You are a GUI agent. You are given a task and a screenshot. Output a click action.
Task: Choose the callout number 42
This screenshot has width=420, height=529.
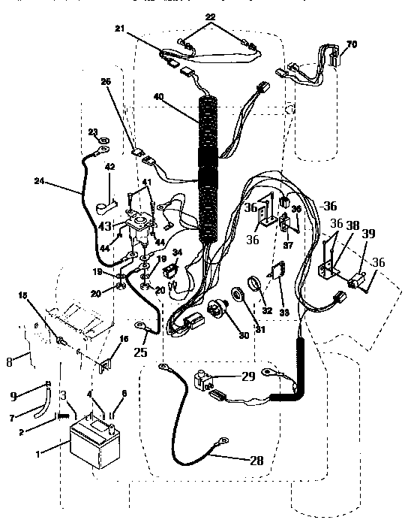(109, 167)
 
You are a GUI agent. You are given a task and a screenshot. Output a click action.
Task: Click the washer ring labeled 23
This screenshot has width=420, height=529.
(103, 140)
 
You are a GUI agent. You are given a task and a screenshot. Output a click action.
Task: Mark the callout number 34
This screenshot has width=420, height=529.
(177, 253)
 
